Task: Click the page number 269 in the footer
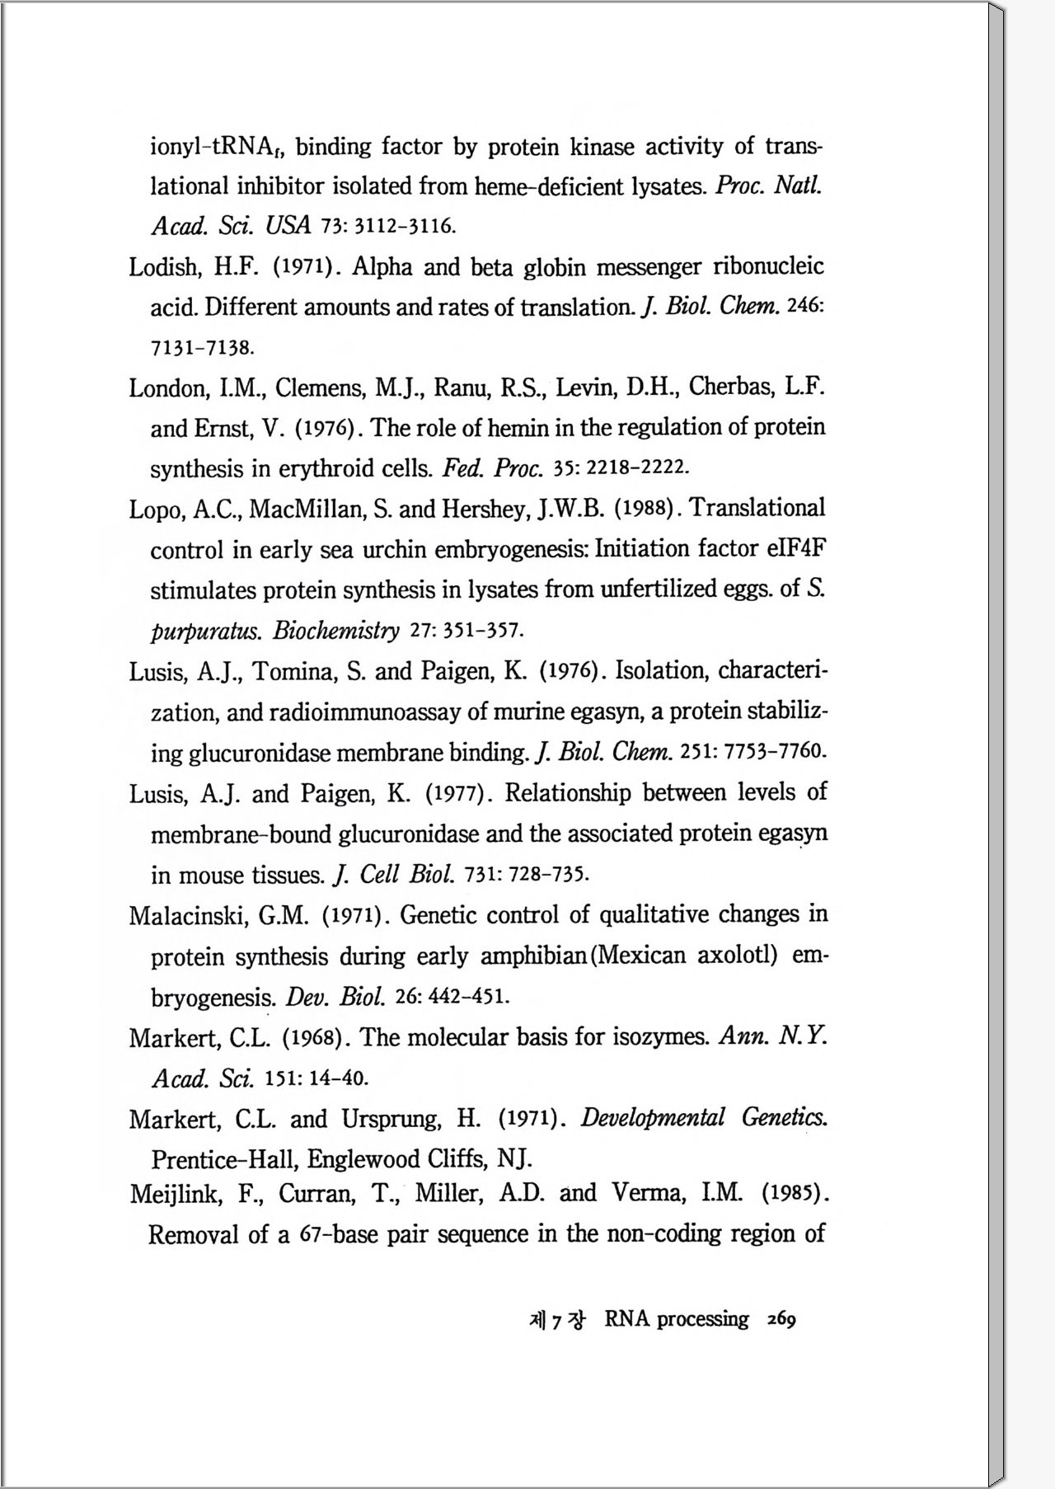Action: pos(781,1319)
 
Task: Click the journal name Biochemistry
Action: pos(336,632)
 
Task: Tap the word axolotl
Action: pos(737,956)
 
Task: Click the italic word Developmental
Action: pos(653,1118)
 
